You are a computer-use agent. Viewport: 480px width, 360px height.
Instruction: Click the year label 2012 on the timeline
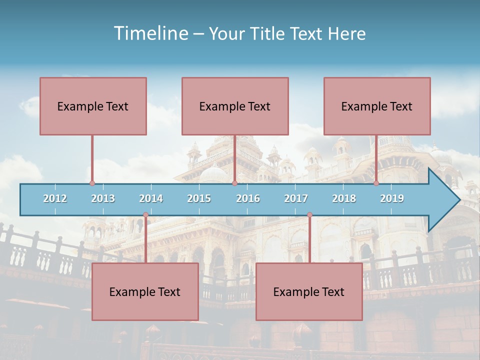point(55,198)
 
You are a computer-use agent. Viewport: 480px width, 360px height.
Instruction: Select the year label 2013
point(103,198)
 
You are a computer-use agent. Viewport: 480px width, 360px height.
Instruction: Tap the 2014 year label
point(151,198)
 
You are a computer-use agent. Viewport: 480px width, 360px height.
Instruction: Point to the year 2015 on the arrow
point(199,198)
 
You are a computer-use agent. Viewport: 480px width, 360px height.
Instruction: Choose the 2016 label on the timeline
point(248,198)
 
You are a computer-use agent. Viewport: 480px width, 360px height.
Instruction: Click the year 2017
point(296,198)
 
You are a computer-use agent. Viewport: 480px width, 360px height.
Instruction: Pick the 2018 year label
point(344,198)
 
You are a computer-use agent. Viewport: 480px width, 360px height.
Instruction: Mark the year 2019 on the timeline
point(392,198)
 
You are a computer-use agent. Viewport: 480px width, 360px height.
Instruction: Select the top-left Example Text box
point(93,106)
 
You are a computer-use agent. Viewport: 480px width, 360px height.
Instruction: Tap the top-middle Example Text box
point(235,106)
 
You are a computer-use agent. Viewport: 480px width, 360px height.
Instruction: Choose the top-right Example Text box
point(377,106)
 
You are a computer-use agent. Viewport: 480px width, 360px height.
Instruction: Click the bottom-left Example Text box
point(145,291)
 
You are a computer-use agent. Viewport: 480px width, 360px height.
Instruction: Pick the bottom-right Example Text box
point(309,291)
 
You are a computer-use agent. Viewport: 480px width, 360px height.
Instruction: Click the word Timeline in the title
point(150,33)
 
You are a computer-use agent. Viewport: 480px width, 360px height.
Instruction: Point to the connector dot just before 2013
point(92,183)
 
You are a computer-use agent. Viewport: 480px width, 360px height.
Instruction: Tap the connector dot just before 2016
point(234,183)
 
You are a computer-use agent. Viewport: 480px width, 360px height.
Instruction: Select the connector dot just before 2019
point(376,183)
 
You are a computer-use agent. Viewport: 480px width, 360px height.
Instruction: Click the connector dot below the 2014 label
point(145,215)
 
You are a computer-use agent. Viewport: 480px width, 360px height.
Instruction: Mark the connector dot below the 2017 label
point(309,215)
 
